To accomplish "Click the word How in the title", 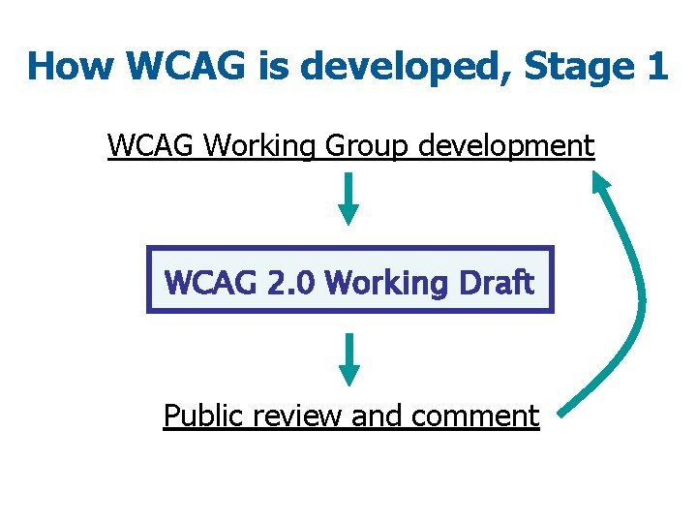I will (x=71, y=67).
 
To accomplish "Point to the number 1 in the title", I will (x=656, y=67).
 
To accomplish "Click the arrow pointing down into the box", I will (x=349, y=200).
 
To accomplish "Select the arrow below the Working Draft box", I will (x=349, y=359).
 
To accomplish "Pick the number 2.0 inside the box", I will (x=289, y=282).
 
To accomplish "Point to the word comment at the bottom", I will (x=474, y=415).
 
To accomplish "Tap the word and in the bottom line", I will (x=378, y=415).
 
